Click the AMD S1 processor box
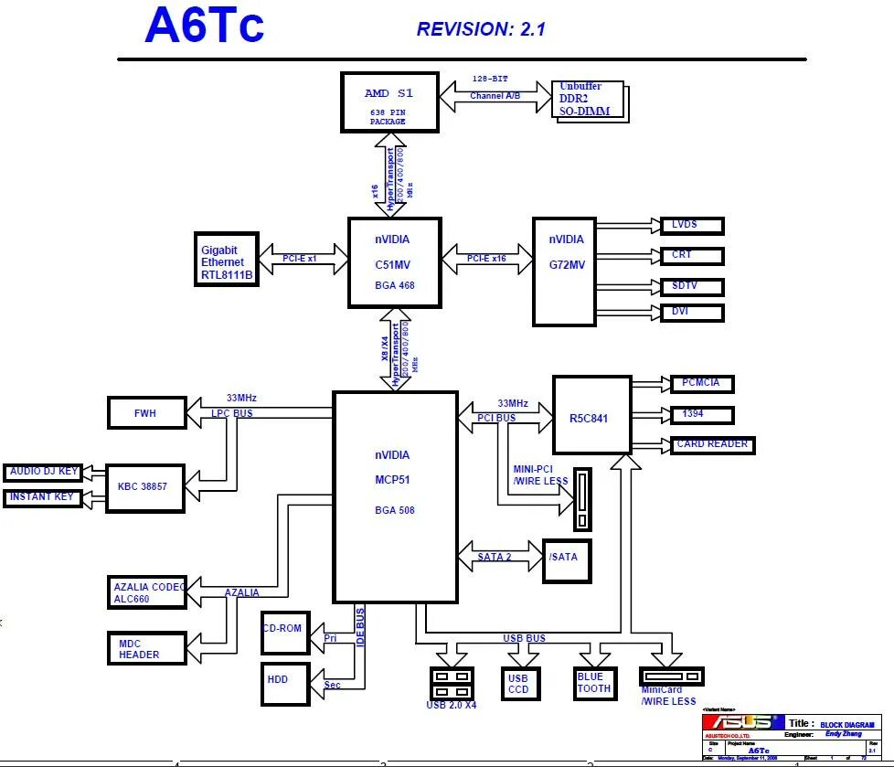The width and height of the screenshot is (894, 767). (389, 102)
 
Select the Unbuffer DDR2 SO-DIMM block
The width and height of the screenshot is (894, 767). (591, 101)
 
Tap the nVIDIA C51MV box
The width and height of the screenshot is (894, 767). (394, 262)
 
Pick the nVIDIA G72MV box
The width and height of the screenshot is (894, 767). (564, 271)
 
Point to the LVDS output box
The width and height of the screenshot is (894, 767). (691, 226)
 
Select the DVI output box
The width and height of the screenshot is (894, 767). (691, 313)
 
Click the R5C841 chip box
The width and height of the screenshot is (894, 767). (591, 414)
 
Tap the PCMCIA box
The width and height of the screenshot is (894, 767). (702, 384)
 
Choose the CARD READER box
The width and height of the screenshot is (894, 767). (712, 445)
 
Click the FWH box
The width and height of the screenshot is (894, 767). (146, 412)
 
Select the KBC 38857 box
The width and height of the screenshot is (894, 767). (144, 488)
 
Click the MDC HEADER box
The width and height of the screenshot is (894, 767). (145, 648)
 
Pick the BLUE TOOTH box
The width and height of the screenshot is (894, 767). (594, 683)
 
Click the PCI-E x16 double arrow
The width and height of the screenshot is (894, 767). (486, 259)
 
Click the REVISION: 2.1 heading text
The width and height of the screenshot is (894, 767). (481, 29)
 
